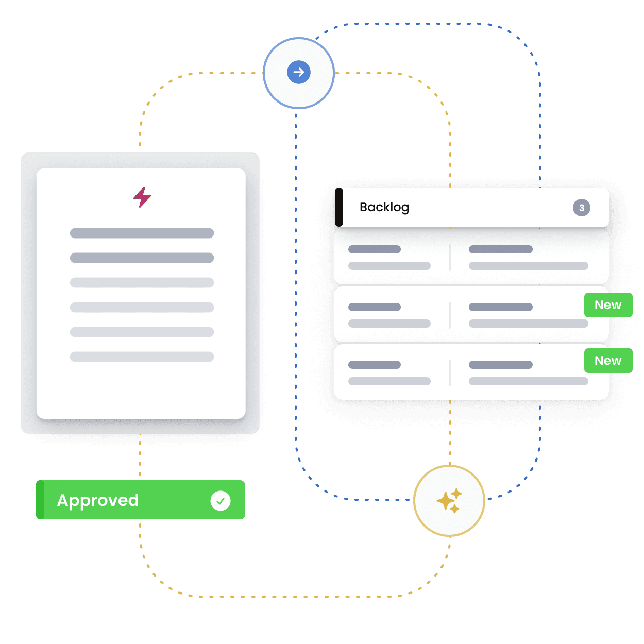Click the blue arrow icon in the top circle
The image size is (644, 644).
(299, 72)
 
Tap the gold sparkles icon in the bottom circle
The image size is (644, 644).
(449, 501)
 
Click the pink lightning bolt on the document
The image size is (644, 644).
(142, 197)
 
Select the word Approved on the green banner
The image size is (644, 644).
(98, 500)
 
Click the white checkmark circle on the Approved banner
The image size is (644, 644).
(221, 500)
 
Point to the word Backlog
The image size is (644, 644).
(384, 207)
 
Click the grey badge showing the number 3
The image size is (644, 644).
(582, 208)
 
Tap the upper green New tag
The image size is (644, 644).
(608, 305)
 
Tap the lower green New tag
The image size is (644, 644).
(608, 361)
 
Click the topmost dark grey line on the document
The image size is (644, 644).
(142, 233)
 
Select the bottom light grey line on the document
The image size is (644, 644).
(142, 357)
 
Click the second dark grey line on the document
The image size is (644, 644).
(142, 258)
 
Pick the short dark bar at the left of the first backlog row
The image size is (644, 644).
(375, 249)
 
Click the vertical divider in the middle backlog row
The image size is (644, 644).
(450, 315)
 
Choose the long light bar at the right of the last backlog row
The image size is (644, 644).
(529, 381)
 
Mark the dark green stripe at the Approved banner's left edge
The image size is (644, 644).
(40, 500)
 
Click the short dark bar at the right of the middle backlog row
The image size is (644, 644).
(501, 307)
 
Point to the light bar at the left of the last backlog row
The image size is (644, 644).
(389, 381)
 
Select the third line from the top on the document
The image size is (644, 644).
(142, 282)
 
